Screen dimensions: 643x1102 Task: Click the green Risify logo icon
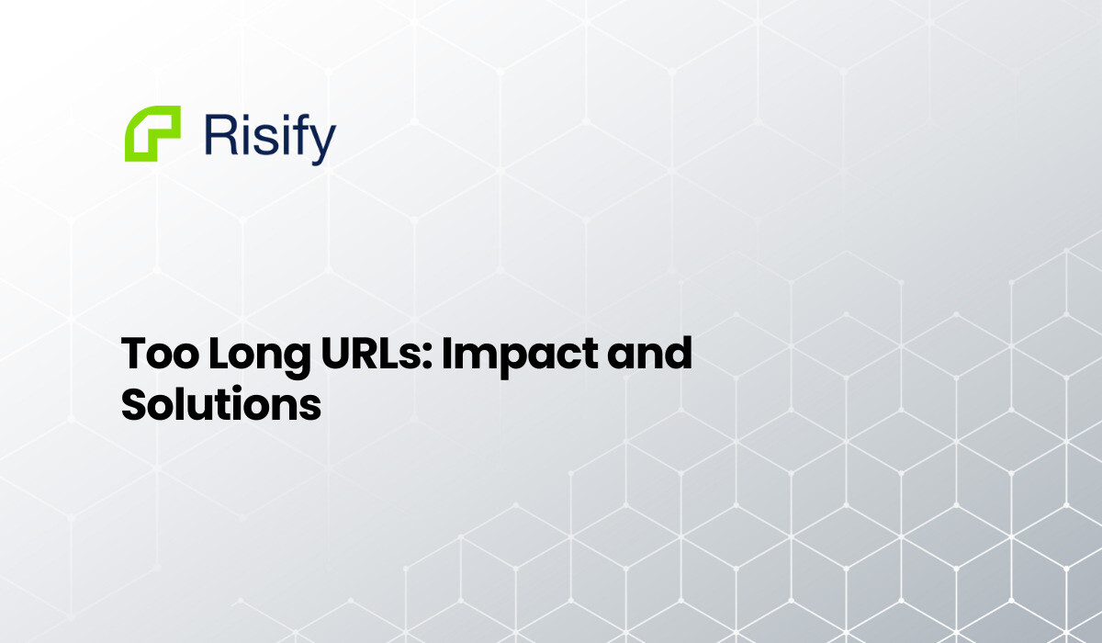coord(152,134)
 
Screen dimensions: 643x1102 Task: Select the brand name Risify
coord(269,136)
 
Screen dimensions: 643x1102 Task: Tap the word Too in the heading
coord(155,355)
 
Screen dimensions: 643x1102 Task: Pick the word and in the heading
coord(647,355)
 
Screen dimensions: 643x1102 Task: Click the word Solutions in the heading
coord(221,404)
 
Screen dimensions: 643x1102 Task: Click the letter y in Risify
coord(323,141)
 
